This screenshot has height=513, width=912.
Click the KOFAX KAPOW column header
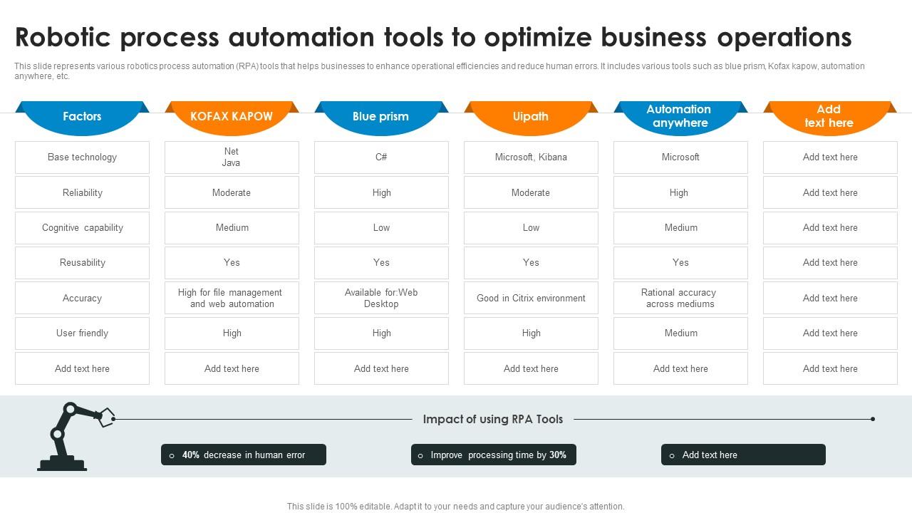(232, 116)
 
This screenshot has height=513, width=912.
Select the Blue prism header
(381, 116)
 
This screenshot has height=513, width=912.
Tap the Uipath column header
(531, 116)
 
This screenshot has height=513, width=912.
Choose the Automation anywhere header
(680, 116)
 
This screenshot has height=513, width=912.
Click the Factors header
(82, 116)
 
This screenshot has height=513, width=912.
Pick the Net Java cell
(232, 157)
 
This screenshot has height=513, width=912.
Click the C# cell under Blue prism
(381, 157)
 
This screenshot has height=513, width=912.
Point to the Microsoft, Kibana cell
(531, 157)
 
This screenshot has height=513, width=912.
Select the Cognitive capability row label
(82, 228)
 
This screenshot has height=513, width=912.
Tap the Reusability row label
(82, 263)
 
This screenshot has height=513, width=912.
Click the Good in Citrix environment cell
(531, 299)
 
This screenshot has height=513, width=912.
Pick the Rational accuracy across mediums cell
(680, 299)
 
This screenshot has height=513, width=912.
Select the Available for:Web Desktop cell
(381, 299)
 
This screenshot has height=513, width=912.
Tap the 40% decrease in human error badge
(244, 455)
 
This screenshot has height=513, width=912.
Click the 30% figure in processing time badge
(558, 455)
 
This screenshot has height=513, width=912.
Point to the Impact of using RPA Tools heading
(493, 420)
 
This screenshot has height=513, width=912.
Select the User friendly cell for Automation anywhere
(680, 333)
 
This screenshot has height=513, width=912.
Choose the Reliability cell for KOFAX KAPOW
(232, 193)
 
